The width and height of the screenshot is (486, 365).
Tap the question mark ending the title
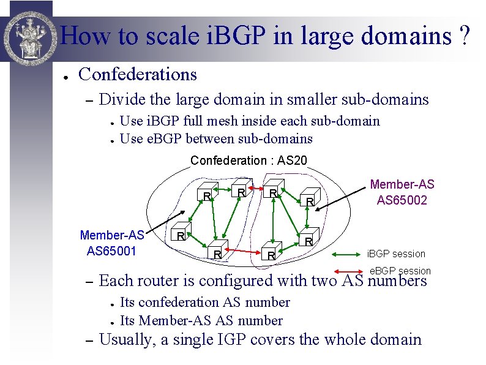[x=465, y=37]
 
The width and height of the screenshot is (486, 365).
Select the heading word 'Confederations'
[x=138, y=75]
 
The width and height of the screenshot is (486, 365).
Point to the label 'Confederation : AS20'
[x=249, y=161]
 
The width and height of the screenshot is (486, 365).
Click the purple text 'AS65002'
[x=402, y=200]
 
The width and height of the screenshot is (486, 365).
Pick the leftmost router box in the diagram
[x=179, y=235]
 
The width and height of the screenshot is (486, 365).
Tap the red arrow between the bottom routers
[x=242, y=251]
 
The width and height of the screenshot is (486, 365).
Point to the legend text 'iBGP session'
[x=396, y=254]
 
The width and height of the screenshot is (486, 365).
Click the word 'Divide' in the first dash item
[x=119, y=99]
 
